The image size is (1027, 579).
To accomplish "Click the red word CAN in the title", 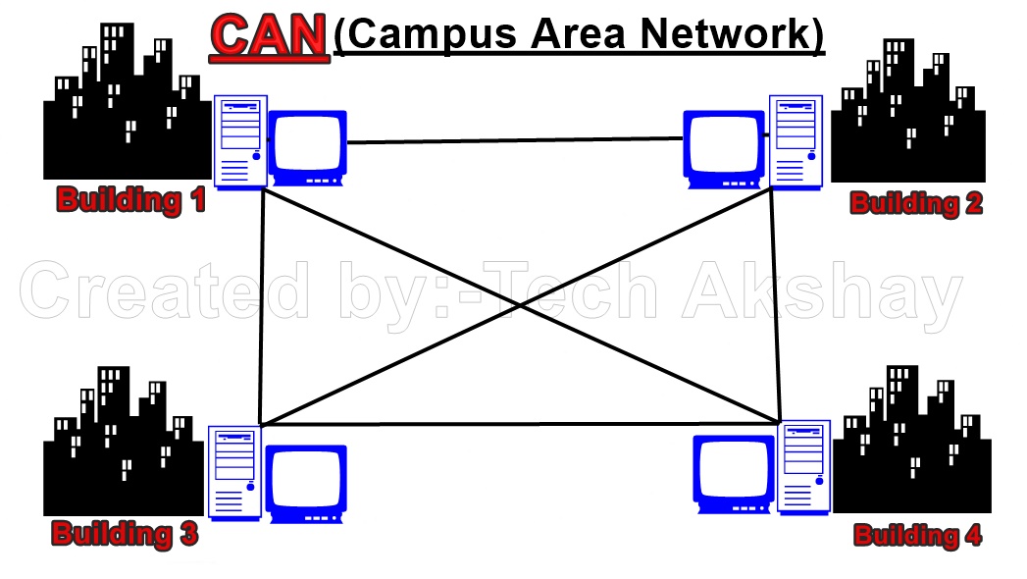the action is (268, 34).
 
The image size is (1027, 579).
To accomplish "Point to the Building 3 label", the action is (125, 534).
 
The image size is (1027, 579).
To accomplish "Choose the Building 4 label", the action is (917, 535).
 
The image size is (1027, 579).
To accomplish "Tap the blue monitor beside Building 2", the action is (724, 149).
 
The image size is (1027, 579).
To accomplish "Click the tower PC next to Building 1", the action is (241, 141).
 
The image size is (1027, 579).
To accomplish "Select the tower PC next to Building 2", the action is (795, 139).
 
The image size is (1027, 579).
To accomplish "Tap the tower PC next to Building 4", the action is (804, 465).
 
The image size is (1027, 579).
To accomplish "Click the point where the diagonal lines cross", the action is (519, 307).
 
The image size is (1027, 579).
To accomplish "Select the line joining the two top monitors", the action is (515, 141).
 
